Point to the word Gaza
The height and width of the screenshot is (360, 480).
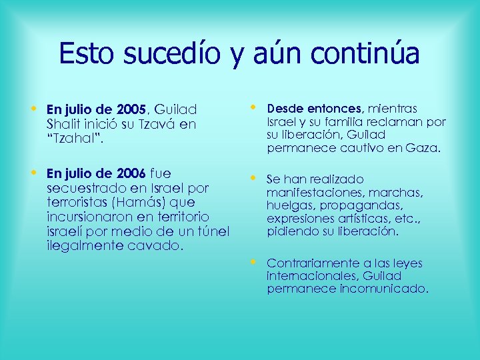click(425, 149)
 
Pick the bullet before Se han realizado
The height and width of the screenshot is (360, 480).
click(253, 178)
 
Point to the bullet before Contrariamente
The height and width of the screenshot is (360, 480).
click(253, 262)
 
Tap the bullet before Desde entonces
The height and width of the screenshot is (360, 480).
click(253, 107)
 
